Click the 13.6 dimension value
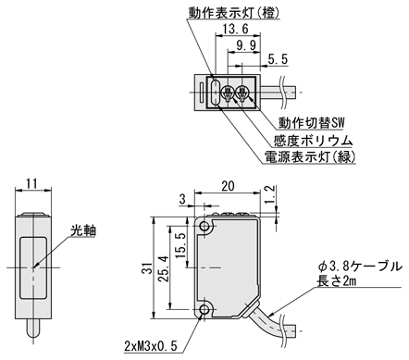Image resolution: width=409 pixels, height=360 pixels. tap(235, 29)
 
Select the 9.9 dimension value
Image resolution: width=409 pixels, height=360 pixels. tap(246, 46)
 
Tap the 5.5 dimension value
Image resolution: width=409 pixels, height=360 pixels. tap(278, 59)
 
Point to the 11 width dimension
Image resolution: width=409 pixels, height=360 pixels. tap(31, 183)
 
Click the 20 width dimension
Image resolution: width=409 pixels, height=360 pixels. tap(228, 186)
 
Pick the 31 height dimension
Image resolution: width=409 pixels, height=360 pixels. tap(148, 268)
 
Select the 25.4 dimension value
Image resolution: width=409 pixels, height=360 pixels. tap(164, 268)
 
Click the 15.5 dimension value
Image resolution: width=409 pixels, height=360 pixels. tap(181, 245)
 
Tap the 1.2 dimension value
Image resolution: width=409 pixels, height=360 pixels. tap(269, 194)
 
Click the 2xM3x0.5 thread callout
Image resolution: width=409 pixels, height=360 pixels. tap(151, 346)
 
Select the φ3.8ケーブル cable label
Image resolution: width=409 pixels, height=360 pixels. tap(361, 267)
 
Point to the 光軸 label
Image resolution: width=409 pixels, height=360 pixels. tap(83, 230)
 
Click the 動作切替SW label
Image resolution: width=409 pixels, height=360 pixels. tap(311, 123)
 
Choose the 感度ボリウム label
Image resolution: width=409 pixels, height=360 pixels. tap(314, 141)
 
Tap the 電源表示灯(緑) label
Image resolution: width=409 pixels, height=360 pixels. tap(310, 157)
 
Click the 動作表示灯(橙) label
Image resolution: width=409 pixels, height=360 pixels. tap(234, 13)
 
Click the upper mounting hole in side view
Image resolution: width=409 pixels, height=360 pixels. tap(204, 226)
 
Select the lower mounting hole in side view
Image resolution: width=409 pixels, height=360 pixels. tap(204, 309)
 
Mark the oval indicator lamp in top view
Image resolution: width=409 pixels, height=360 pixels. tap(215, 93)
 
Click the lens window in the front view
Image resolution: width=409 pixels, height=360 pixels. tap(33, 267)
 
